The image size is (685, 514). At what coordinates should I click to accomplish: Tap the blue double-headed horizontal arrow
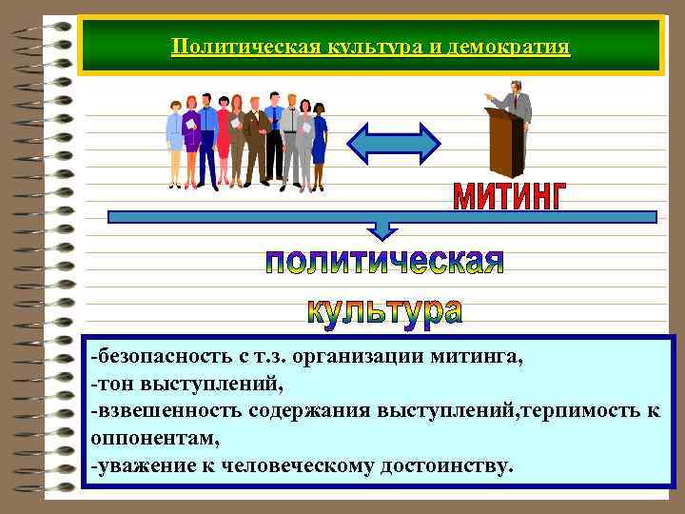(x=393, y=143)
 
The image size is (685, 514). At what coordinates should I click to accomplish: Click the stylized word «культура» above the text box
(x=384, y=309)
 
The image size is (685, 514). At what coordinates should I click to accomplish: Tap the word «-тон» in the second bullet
(x=110, y=385)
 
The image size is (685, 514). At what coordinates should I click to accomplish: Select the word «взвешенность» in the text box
(x=167, y=412)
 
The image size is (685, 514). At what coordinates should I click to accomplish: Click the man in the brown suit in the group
(x=254, y=138)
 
